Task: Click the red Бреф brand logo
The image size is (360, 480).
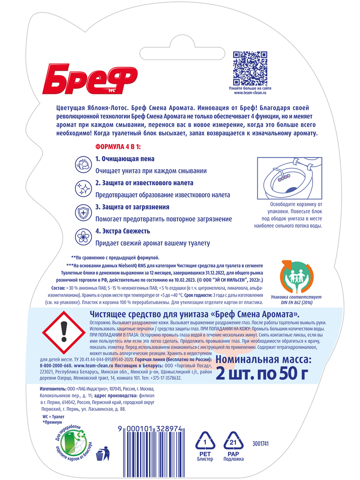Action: pyautogui.click(x=90, y=79)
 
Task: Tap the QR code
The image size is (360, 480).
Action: pyautogui.click(x=250, y=68)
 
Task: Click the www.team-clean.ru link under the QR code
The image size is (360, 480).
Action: pyautogui.click(x=250, y=93)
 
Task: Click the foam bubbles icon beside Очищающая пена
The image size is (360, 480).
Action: pyautogui.click(x=83, y=164)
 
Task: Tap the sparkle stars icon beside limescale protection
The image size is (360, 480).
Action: pyautogui.click(x=83, y=188)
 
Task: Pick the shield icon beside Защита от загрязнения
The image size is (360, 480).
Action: pyautogui.click(x=83, y=213)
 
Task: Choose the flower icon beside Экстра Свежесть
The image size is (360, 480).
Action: pyautogui.click(x=83, y=237)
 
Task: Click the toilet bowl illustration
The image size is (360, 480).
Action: pyautogui.click(x=289, y=178)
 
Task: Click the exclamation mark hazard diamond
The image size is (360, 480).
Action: pyautogui.click(x=63, y=331)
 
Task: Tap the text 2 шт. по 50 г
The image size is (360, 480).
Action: pyautogui.click(x=262, y=373)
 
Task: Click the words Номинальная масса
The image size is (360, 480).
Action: pyautogui.click(x=263, y=360)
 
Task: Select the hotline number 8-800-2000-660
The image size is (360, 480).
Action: pyautogui.click(x=56, y=366)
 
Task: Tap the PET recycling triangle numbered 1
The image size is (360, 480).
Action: pyautogui.click(x=205, y=441)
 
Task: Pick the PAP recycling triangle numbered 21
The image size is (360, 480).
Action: pyautogui.click(x=233, y=441)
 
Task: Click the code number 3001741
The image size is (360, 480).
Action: pyautogui.click(x=260, y=444)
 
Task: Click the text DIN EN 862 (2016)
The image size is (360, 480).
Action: pyautogui.click(x=296, y=303)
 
